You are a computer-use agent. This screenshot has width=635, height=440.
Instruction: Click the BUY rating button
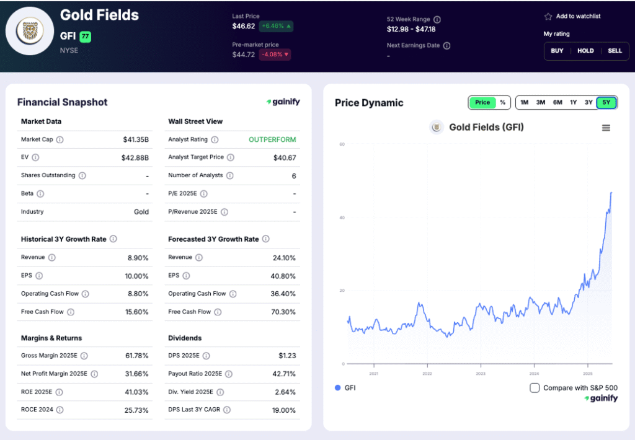tap(557, 51)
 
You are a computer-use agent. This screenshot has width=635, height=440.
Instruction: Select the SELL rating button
tap(615, 51)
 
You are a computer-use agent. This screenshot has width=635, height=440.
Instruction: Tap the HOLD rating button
tap(585, 51)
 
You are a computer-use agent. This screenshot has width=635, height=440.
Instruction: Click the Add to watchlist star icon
tap(548, 17)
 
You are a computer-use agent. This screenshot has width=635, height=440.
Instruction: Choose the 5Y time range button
tap(606, 102)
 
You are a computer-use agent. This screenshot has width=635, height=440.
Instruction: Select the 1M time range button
tap(525, 102)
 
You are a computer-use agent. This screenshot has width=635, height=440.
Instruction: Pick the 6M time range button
tap(557, 102)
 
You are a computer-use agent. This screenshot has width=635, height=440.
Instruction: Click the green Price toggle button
tap(482, 102)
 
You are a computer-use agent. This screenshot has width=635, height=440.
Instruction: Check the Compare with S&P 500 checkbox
tap(535, 388)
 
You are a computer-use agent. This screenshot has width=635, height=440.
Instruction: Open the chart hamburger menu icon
tap(606, 128)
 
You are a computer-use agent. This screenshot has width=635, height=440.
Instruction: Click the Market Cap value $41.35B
tap(136, 140)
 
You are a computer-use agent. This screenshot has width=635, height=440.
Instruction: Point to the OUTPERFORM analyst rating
tap(272, 140)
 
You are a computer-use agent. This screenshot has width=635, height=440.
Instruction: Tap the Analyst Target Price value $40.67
tap(285, 158)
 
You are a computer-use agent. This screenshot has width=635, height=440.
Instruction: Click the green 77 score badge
tap(85, 37)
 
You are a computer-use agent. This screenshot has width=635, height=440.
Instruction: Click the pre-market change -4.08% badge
tap(275, 55)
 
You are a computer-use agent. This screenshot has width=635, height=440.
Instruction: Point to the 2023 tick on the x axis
tap(481, 374)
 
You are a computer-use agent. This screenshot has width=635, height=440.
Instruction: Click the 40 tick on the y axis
tap(342, 218)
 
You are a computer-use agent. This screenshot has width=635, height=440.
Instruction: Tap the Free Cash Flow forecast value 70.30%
tap(284, 312)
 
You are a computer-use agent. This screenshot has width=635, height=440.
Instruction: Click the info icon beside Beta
tap(41, 193)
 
